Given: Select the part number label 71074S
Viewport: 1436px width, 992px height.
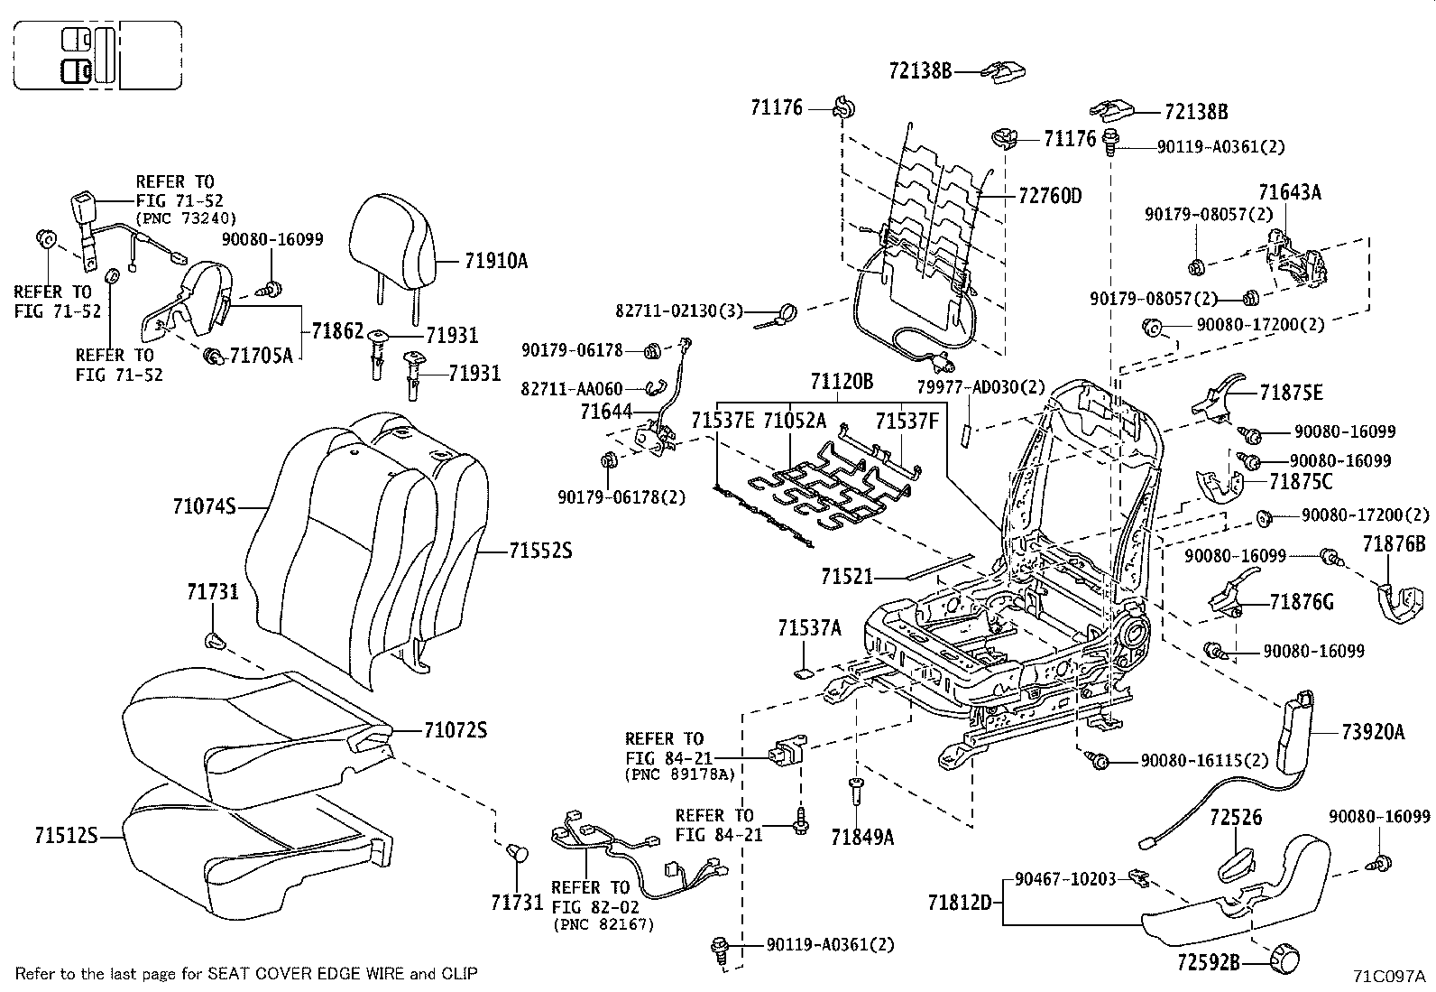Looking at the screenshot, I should tap(204, 507).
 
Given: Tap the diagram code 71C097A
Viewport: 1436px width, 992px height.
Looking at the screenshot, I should tap(1388, 976).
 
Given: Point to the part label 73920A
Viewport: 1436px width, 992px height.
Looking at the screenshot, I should tap(1373, 732).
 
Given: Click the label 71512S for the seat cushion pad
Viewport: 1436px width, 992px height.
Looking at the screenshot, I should tap(66, 836).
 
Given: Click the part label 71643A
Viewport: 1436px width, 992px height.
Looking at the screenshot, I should tap(1290, 192).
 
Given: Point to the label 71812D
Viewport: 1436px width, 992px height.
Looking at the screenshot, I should tap(960, 902).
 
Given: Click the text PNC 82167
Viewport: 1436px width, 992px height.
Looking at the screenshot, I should tap(603, 925).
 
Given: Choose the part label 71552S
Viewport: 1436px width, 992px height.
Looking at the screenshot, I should tap(540, 550).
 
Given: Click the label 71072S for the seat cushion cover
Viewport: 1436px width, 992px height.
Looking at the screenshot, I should tap(455, 729).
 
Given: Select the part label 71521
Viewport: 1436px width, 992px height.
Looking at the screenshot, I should tap(846, 575).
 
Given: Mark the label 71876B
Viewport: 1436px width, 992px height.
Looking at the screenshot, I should tap(1394, 544).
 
